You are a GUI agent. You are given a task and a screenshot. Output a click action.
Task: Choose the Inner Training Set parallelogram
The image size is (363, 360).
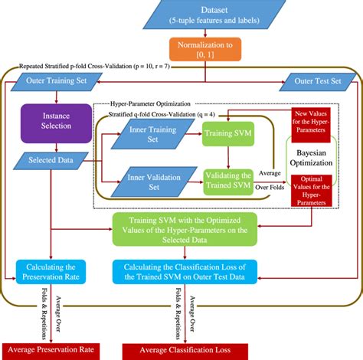tap(146, 139)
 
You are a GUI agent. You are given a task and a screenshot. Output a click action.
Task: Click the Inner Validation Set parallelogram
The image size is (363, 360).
tap(146, 183)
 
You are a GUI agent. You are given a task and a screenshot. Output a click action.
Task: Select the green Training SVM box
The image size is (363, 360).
tap(227, 135)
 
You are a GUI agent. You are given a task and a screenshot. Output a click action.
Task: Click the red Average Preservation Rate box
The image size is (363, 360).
tap(51, 349)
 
